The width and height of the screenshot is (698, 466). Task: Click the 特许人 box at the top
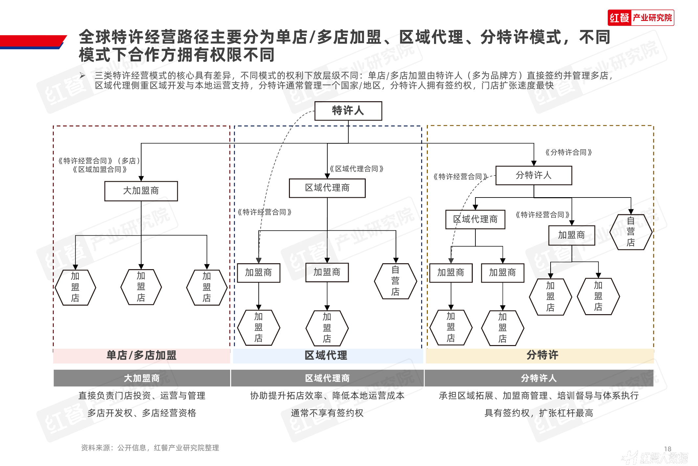pos(348,111)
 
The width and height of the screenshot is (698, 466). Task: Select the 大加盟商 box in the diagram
pos(141,191)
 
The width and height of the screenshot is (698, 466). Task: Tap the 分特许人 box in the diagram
pos(534,175)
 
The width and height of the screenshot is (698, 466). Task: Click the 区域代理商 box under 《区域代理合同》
pos(327,188)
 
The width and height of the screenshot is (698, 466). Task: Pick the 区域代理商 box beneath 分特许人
pos(475,219)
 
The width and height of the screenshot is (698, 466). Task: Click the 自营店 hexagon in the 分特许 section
pos(630,232)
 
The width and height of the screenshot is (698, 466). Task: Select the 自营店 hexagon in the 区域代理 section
pos(395,281)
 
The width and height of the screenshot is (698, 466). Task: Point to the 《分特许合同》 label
pos(568,152)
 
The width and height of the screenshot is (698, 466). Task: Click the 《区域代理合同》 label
pos(357,169)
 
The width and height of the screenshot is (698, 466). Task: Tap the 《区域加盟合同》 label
pos(99,170)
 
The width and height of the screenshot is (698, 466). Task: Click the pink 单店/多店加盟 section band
pos(142,356)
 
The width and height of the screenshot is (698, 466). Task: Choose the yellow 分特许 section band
pos(542,355)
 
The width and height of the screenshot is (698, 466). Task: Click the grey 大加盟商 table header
pos(142,378)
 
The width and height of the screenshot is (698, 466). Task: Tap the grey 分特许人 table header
pos(539,378)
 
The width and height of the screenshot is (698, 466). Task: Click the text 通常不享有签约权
pos(327,413)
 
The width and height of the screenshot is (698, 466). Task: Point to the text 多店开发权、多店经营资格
pos(142,413)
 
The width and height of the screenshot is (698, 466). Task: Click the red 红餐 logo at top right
pos(619,18)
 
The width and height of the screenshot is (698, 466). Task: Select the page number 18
pos(667,449)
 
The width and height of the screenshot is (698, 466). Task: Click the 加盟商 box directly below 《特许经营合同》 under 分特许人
pos(572,235)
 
